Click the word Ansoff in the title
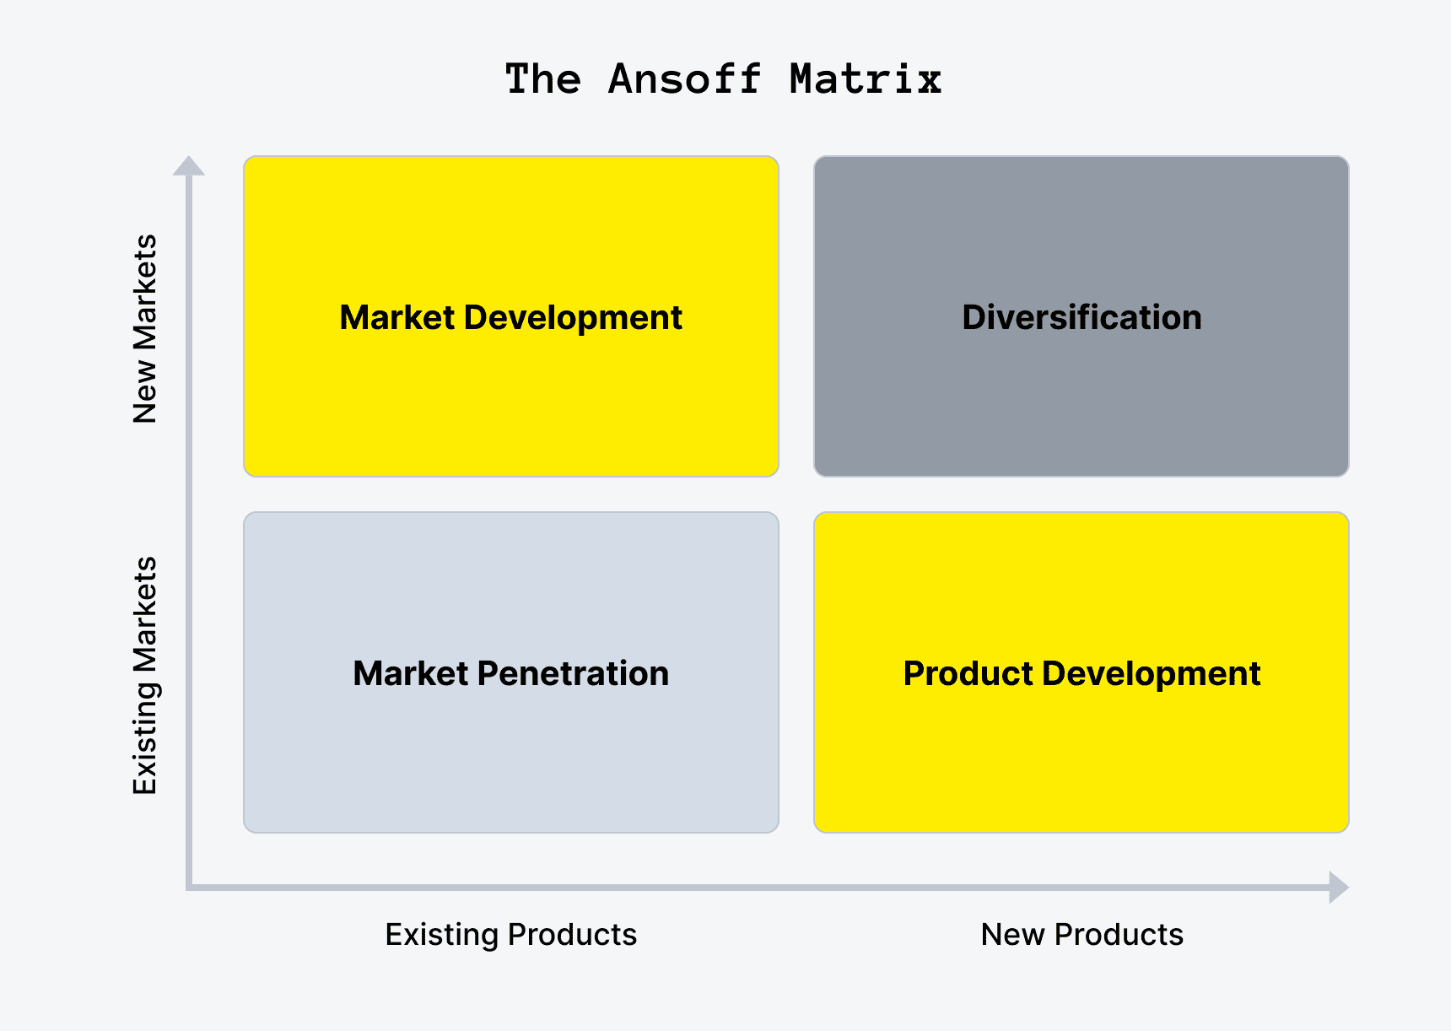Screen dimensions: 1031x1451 [x=684, y=79]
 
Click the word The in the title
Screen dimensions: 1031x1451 [x=542, y=79]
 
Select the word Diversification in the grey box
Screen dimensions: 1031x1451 [x=1082, y=317]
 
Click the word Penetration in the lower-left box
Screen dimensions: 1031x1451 [x=573, y=673]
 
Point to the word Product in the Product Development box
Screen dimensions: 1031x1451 [x=968, y=673]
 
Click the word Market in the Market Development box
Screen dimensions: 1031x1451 [x=397, y=317]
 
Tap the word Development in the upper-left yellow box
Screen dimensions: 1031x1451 [x=573, y=317]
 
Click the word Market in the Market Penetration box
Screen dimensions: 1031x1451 [x=410, y=673]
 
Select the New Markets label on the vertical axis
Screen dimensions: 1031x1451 [x=145, y=328]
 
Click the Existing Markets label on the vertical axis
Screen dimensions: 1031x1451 [x=145, y=675]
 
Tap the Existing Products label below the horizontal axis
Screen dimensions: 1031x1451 [x=510, y=935]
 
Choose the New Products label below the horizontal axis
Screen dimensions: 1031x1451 [x=1082, y=935]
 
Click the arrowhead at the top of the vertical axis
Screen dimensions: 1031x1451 [x=189, y=166]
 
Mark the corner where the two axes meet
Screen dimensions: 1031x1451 [x=189, y=887]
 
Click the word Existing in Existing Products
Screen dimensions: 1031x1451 [x=442, y=935]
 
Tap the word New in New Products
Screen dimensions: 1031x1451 [x=1012, y=935]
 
